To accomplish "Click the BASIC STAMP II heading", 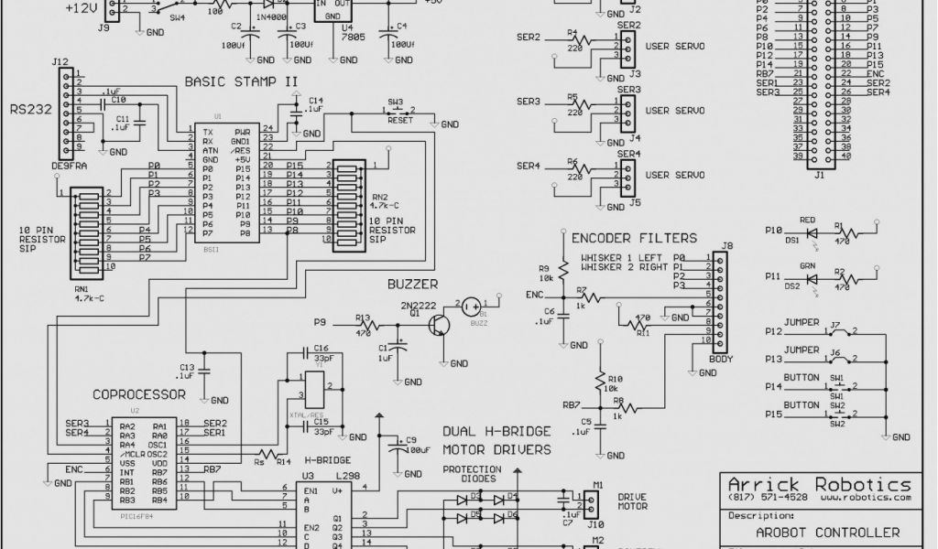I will [x=242, y=81].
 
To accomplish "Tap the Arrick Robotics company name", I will [x=820, y=484].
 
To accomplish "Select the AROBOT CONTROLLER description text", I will [x=814, y=532].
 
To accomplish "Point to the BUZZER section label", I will [x=411, y=284].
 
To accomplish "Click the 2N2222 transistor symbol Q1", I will [x=439, y=325].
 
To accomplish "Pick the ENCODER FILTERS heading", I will [x=634, y=238].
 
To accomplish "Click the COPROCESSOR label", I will [x=139, y=395].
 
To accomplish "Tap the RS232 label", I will [x=31, y=109].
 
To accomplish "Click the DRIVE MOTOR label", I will [x=632, y=501].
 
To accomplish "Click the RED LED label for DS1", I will [x=807, y=220].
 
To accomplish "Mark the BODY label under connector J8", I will [x=721, y=361].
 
